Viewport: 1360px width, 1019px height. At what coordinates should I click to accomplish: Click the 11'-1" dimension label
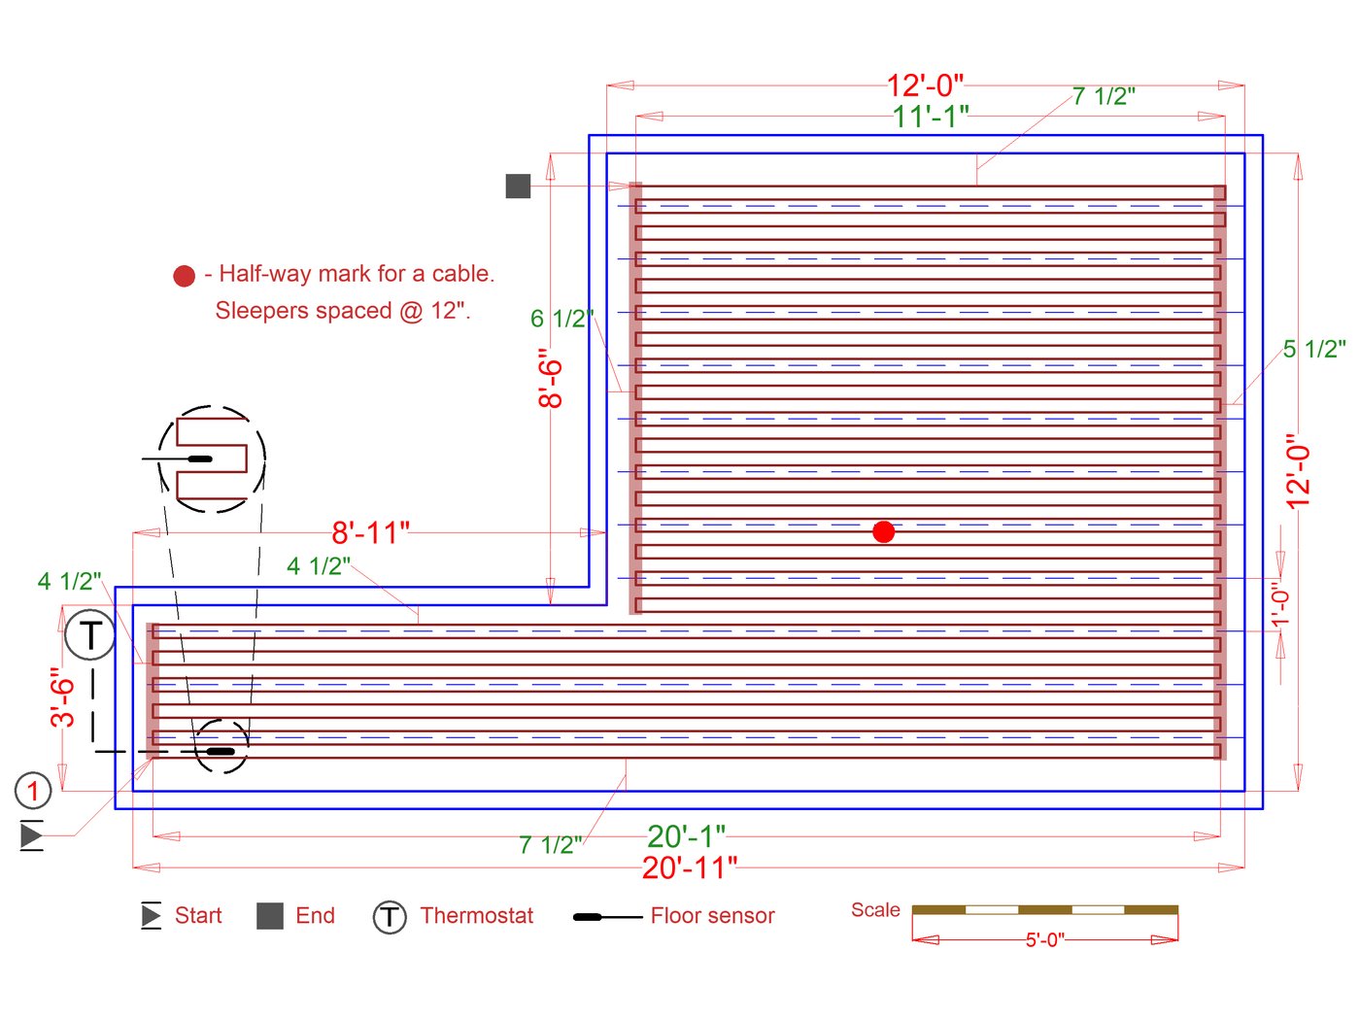(930, 117)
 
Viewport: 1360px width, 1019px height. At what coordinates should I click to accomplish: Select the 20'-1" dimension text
(686, 836)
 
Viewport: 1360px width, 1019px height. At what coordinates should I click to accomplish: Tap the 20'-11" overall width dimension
(690, 867)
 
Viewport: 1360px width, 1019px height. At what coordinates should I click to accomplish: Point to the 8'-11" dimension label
(370, 532)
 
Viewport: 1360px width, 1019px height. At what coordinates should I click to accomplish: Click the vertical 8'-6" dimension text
(550, 378)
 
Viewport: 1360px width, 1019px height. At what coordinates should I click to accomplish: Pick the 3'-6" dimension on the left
(62, 696)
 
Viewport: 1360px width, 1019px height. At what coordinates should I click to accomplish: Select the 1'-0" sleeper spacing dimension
(1280, 603)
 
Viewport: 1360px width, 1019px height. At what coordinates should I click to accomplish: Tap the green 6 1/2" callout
(561, 319)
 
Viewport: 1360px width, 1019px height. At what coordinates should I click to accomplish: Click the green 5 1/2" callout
(1314, 349)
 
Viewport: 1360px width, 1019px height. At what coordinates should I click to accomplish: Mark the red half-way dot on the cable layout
(884, 531)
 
